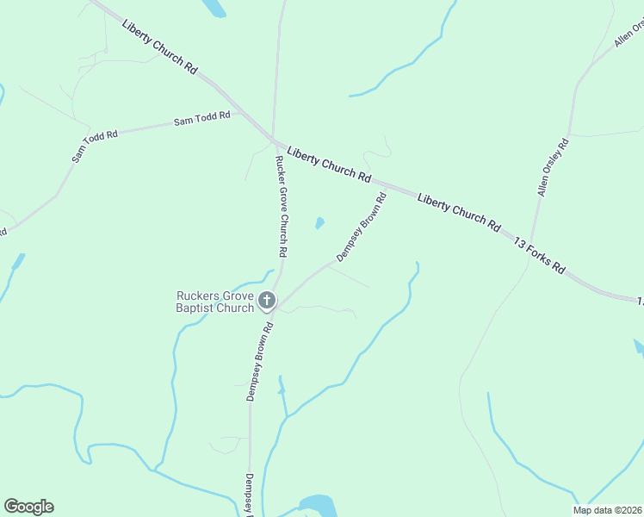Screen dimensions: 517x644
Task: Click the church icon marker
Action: pos(267,301)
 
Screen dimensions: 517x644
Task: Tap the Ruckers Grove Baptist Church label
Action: pos(214,302)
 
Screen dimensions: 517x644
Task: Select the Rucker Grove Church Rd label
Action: pos(281,207)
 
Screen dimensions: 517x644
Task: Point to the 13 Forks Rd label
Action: pos(539,255)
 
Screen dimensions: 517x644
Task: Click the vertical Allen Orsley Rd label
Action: pos(553,166)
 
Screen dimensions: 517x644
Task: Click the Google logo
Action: pos(28,507)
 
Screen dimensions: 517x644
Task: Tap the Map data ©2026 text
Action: pos(607,510)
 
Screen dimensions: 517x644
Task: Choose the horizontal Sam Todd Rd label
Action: pos(202,119)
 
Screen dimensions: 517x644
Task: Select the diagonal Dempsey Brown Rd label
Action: pos(361,227)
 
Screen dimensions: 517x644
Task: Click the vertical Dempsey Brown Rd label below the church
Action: pos(259,361)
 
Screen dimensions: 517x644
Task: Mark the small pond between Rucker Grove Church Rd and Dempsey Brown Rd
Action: pos(319,224)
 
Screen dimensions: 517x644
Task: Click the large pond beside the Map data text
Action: pos(317,504)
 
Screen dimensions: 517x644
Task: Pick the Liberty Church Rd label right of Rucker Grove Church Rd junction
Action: pos(329,163)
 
